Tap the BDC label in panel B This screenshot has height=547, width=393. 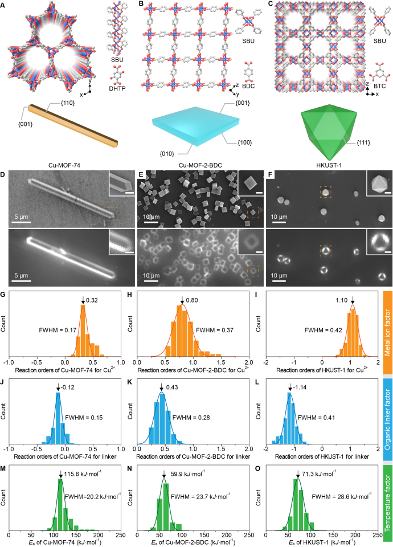click(251, 83)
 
